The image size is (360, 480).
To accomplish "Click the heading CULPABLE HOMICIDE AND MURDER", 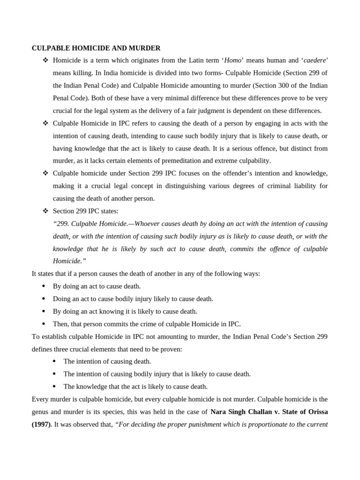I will [96, 48].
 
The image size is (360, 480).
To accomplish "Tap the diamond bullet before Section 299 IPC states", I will [45, 211].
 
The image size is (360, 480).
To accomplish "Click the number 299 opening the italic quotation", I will [62, 224].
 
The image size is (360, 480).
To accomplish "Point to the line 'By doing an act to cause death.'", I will [97, 286].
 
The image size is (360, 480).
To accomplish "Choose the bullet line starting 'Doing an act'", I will [133, 299].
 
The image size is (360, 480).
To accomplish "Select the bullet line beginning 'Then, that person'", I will [147, 324].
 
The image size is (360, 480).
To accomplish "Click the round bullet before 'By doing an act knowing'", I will [44, 311].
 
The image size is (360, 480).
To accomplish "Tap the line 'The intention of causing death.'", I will [107, 361].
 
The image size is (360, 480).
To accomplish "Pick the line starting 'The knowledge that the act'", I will [135, 387].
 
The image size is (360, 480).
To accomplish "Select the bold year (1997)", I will [40, 425].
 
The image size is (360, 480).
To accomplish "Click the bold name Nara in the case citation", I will [219, 412].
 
